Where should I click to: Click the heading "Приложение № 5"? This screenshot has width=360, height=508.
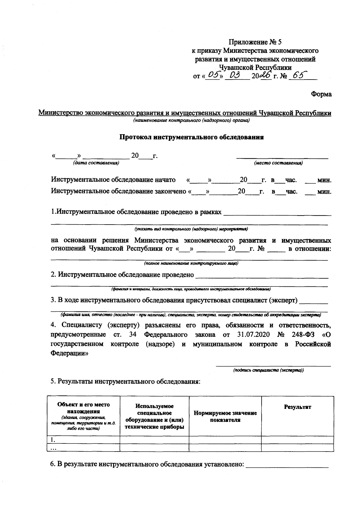pos(255,42)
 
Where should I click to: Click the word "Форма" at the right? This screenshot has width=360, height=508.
pos(321,94)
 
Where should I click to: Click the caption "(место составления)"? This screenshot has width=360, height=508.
pos(278,163)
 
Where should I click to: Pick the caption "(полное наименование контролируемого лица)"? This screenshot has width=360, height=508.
pos(191,263)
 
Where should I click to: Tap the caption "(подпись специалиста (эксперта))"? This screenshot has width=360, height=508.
pos(269,370)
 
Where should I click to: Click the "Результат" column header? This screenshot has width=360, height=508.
pos(297,407)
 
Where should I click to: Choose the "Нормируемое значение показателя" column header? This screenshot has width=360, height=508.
pos(225,416)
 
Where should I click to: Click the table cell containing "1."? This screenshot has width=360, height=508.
pos(84,440)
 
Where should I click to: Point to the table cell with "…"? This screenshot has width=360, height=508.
pos(84,448)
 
